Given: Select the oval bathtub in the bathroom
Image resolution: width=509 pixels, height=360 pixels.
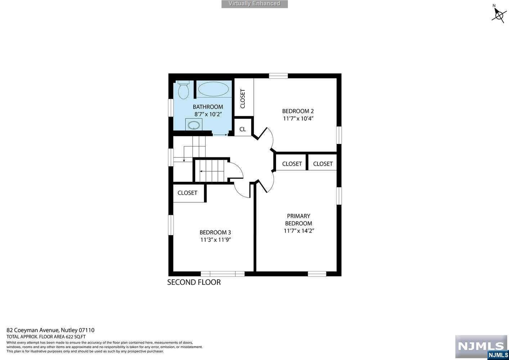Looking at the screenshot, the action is point(213,89).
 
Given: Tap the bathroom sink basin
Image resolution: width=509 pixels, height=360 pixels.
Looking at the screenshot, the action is point(194,125).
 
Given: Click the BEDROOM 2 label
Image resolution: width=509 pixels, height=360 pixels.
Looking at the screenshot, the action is point(298,111).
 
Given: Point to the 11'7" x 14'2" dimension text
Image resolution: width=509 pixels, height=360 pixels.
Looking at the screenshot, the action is point(299,231).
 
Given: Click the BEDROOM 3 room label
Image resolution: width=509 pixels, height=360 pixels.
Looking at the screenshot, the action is point(215,233).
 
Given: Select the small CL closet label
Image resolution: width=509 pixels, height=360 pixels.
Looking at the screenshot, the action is point(243,129).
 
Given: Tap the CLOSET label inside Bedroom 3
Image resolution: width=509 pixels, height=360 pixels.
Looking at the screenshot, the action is point(187,193).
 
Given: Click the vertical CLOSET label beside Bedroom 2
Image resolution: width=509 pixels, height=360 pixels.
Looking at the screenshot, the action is point(243,99).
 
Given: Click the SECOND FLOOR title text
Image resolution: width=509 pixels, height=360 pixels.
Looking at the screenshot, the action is point(194,282).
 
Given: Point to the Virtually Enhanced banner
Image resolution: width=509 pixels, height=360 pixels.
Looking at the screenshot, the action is point(254,4).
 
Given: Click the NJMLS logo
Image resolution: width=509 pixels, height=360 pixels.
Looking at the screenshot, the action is point(482,347).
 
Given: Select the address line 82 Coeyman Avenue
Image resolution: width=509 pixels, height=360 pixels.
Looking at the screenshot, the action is point(50,330).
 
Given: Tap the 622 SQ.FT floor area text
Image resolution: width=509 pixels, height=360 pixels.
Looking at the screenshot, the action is point(76,337).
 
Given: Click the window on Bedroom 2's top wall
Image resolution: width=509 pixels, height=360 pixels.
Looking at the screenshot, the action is point(278,76).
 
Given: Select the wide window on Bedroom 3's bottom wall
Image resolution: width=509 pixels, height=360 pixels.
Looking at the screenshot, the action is point(222,274).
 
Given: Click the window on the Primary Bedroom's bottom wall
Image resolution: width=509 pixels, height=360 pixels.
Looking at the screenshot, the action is point(317,274).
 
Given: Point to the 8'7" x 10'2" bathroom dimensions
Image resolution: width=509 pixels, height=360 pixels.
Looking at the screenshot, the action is point(208,114).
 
